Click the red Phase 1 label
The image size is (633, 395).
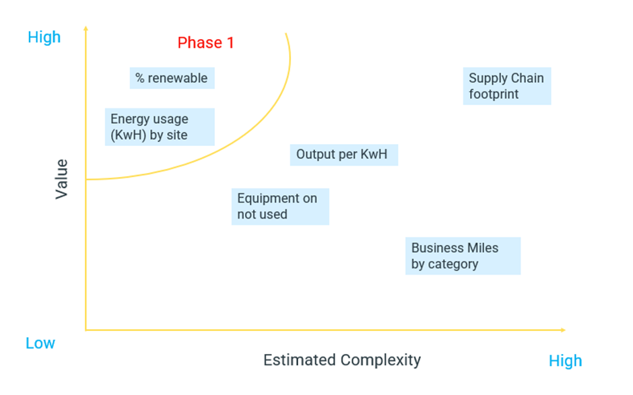coord(205,43)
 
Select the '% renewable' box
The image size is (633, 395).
coord(172,78)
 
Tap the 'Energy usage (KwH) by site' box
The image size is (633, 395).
coord(160,127)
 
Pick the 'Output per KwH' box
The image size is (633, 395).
coord(344,155)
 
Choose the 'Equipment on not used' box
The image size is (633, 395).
coord(280,207)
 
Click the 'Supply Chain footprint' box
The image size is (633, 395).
coord(507,86)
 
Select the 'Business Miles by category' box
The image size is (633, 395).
coord(463,256)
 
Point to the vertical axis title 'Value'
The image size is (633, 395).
coord(61,179)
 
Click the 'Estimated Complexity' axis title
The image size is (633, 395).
coord(342,360)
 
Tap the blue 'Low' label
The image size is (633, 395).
coord(40,343)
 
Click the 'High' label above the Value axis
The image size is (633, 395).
coord(44,37)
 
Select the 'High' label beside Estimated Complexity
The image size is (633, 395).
coord(565,361)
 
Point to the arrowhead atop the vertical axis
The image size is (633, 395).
coord(86,28)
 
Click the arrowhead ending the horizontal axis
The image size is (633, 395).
coord(564,330)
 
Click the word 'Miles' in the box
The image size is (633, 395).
coord(484,248)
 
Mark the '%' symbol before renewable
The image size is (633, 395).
coord(139,78)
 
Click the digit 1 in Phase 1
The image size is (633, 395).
coord(230,43)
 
